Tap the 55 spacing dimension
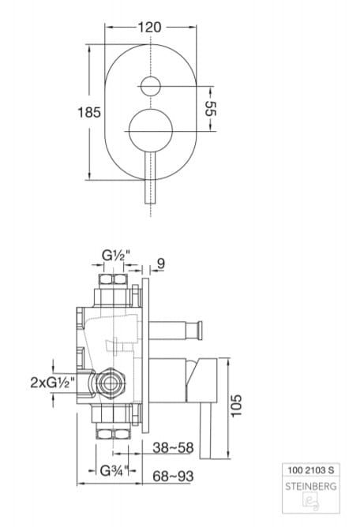click(x=211, y=108)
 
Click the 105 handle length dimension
click(x=238, y=403)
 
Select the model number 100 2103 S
click(x=309, y=470)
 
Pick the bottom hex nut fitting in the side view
click(x=112, y=432)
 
